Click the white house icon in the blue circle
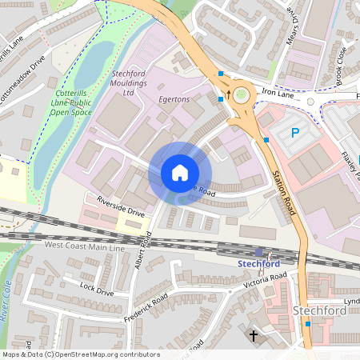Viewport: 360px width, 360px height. click(x=180, y=173)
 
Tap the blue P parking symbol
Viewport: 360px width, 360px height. click(x=295, y=133)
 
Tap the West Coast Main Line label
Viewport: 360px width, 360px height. click(x=85, y=248)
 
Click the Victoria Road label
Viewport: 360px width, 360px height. click(x=266, y=281)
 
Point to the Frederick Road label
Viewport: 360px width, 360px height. click(x=146, y=308)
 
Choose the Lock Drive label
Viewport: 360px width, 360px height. click(x=98, y=288)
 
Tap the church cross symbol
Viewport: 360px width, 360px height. click(x=254, y=337)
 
